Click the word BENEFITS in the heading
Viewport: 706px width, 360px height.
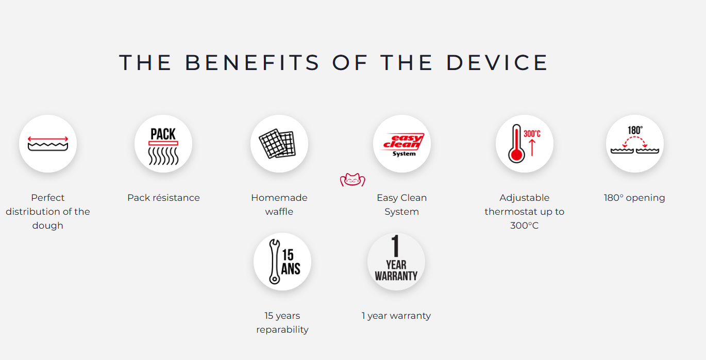(x=252, y=62)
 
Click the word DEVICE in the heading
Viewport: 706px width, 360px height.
(x=497, y=62)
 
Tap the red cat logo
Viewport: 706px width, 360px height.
(x=352, y=180)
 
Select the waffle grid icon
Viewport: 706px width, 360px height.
(x=277, y=144)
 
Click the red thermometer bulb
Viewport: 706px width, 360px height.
(x=516, y=155)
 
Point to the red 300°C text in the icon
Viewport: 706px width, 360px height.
(x=532, y=134)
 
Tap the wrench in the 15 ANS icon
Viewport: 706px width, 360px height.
(x=274, y=262)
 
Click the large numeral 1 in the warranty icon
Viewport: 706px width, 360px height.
(x=396, y=246)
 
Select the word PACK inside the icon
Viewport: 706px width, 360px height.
(x=163, y=134)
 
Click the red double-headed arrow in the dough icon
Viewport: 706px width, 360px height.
(x=48, y=139)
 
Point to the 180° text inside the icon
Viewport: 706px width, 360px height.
(x=635, y=130)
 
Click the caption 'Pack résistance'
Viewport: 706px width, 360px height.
(x=163, y=197)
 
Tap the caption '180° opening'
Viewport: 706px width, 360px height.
(x=634, y=197)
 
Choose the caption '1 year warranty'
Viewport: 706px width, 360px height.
(x=396, y=316)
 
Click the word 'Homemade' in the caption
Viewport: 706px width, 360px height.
(x=279, y=197)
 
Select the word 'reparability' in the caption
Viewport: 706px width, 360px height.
(x=282, y=330)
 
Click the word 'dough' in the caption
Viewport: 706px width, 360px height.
(x=47, y=226)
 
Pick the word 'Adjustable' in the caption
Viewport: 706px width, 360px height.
(x=525, y=197)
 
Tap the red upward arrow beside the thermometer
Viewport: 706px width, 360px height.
(x=532, y=148)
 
